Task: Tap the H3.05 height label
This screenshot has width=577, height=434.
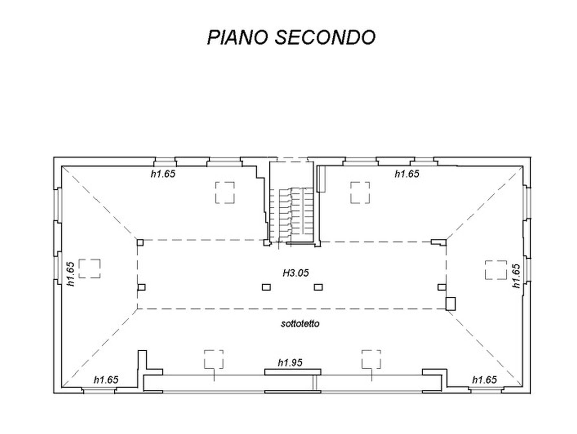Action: [296, 273]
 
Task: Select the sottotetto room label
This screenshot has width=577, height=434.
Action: [300, 324]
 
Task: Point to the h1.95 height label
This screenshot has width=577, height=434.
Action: [290, 363]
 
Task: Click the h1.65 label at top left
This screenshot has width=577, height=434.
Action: [163, 174]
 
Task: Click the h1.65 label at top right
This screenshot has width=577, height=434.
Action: [407, 174]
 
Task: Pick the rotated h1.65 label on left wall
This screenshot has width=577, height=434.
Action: [71, 274]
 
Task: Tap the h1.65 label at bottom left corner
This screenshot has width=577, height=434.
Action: [106, 380]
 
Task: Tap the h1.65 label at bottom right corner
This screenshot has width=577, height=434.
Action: [484, 380]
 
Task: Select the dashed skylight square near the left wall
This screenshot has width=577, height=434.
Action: [89, 269]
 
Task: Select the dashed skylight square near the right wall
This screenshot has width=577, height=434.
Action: [496, 270]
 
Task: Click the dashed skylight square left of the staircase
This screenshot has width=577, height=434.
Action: [225, 193]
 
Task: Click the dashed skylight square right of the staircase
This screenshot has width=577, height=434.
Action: [360, 193]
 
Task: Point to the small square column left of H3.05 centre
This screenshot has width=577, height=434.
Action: [266, 287]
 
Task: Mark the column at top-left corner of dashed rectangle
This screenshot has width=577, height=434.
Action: [140, 242]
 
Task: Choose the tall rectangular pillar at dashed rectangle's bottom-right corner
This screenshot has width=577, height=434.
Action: [451, 304]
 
